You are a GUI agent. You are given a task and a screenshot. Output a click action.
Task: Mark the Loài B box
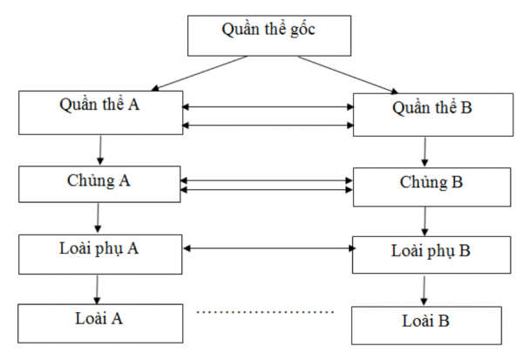[x=425, y=323]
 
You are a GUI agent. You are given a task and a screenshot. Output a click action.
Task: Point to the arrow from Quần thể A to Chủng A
[x=101, y=149]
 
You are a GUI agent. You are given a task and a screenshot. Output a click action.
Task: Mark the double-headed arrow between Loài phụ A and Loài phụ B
[x=268, y=249]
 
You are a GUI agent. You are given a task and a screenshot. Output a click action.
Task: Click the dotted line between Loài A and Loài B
[x=267, y=310]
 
